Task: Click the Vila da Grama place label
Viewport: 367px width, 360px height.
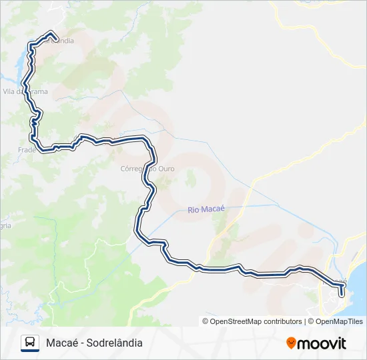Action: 25,91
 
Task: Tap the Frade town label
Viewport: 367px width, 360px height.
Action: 27,150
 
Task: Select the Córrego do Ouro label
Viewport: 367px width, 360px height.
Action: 147,169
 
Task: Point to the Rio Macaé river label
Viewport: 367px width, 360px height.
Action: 206,209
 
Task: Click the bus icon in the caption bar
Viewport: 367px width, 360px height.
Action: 29,343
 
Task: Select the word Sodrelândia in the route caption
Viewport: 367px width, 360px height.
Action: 114,343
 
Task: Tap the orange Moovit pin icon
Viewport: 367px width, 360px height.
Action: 291,343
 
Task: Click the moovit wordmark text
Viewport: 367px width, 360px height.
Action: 322,343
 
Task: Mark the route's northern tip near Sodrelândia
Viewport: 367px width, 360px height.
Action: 51,33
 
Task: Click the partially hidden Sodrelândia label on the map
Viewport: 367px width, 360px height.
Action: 60,41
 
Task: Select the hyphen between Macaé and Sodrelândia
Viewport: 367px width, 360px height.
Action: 82,343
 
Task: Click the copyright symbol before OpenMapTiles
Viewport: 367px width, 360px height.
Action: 309,321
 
